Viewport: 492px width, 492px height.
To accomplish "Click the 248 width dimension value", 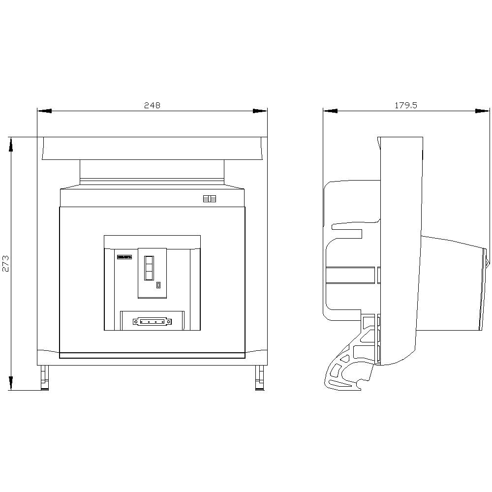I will (152, 105).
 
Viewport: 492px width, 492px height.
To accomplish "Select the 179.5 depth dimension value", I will (406, 105).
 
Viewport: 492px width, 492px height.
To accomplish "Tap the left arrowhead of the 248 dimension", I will (44, 111).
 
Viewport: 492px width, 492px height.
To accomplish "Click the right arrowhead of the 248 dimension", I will (260, 111).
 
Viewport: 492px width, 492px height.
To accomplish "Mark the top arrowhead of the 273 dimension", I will (11, 144).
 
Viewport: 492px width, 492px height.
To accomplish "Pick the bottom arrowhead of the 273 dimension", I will (11, 383).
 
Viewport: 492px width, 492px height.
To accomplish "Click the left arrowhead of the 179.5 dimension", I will (330, 111).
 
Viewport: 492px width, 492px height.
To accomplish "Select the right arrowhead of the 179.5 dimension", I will (483, 111).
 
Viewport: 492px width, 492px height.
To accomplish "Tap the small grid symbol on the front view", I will (209, 199).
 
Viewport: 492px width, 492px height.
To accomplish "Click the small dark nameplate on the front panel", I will (124, 256).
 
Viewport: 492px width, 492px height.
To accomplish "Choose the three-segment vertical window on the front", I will (148, 268).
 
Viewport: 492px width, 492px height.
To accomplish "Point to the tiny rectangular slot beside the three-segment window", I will (158, 285).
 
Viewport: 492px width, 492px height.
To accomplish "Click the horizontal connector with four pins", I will (152, 322).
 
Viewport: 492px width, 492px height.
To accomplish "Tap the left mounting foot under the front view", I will (44, 378).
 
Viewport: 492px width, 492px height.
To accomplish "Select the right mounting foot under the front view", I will (259, 378).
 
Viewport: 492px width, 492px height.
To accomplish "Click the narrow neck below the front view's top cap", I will (152, 172).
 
